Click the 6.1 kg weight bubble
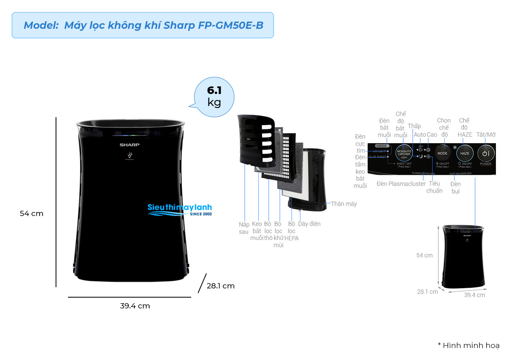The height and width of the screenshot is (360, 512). coord(214,96)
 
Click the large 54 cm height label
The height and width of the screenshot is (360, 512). coord(32,214)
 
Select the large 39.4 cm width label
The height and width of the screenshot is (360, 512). coord(135,306)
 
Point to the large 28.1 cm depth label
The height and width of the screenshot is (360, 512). coord(220,286)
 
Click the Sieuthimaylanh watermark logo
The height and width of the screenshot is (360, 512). coord(180,210)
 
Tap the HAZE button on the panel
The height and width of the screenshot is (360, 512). coord(465,154)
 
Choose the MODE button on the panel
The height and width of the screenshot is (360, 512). coord(442,154)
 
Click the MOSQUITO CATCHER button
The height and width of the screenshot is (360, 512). coord(404,154)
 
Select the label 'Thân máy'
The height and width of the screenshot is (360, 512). coord(344,204)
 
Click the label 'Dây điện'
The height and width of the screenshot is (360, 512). coord(309,224)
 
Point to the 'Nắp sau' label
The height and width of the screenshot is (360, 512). coord(244,228)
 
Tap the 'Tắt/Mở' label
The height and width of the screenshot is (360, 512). coord(486,135)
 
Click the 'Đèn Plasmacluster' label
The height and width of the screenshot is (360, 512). coord(401,184)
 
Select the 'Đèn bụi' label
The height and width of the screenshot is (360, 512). coord(455,188)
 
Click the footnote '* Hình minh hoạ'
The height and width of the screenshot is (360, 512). coord(468,346)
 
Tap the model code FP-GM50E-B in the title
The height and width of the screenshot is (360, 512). coord(231,25)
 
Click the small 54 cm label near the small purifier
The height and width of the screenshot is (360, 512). coord(424,255)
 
